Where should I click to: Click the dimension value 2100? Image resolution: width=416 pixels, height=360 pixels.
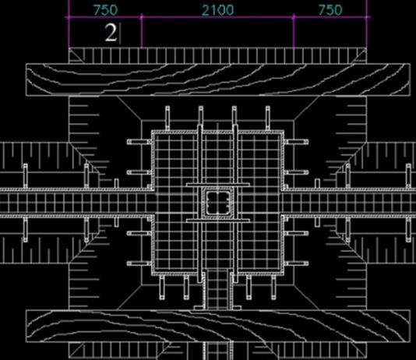tap(218, 10)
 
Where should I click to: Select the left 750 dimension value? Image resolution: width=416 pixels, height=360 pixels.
tap(105, 10)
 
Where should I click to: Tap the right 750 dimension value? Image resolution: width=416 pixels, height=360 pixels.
tap(330, 10)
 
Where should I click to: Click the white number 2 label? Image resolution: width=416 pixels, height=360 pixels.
tap(111, 33)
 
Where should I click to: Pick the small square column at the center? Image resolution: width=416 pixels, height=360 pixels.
tap(218, 203)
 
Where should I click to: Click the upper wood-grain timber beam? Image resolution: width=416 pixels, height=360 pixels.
tap(218, 79)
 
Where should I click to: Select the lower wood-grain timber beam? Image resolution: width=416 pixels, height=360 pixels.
tap(218, 326)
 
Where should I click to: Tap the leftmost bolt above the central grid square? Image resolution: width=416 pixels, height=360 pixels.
tap(167, 118)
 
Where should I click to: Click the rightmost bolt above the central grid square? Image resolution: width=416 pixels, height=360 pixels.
tap(268, 118)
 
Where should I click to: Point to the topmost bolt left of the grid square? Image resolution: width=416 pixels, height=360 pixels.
tap(139, 142)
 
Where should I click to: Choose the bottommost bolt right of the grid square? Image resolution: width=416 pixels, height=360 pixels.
tap(296, 263)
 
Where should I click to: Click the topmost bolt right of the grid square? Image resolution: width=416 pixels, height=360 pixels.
tap(296, 142)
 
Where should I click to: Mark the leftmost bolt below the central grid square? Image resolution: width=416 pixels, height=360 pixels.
tap(162, 288)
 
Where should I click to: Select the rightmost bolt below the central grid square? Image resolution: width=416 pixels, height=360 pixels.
tap(273, 288)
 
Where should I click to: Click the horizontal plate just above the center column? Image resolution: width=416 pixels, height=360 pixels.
tap(218, 185)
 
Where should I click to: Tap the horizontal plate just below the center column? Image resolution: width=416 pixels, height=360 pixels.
tap(218, 221)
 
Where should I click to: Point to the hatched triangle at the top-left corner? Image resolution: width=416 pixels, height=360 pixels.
tap(75, 57)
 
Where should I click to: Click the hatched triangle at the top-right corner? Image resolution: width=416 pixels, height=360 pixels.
tap(361, 57)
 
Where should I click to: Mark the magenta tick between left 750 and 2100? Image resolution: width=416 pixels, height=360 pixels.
tap(142, 17)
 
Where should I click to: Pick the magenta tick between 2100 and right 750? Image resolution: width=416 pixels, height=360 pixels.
tap(294, 17)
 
